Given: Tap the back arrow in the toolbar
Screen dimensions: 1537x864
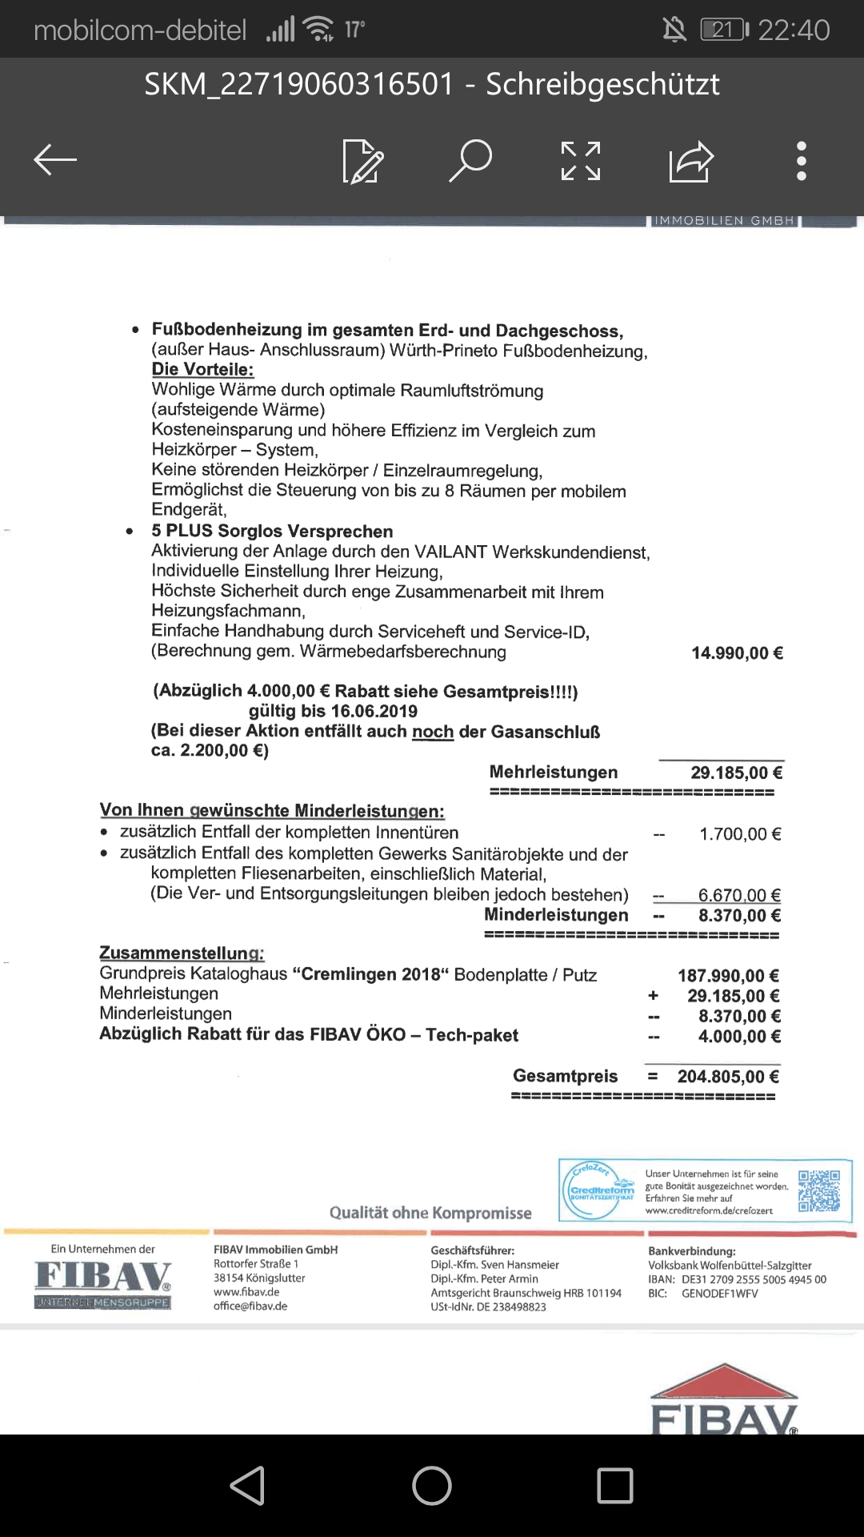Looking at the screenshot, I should [55, 159].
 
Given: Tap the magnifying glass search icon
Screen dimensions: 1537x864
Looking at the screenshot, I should [470, 160].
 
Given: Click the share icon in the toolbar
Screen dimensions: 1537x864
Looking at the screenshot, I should [690, 161].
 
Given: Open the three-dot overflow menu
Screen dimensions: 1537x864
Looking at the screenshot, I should [802, 161].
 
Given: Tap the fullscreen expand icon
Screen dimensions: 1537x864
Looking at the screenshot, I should [581, 161].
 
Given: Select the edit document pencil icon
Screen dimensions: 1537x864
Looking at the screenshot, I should [362, 161].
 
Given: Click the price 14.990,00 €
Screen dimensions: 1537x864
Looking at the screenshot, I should [737, 653].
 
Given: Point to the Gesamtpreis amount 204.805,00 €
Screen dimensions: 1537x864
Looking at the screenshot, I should [728, 1077].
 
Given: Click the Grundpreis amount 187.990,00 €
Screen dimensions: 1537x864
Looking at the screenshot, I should [728, 976].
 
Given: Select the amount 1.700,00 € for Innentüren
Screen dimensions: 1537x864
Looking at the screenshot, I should [740, 834].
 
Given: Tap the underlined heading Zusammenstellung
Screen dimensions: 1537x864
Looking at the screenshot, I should [182, 953].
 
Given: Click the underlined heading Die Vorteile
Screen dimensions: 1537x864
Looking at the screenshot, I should [202, 370].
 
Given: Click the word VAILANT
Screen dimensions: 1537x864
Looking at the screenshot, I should [450, 552].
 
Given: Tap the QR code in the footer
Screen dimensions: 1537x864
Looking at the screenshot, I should [819, 1190].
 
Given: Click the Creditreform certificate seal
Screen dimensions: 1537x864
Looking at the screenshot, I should [602, 1190].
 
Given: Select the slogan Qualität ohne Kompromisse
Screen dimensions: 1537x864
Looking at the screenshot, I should [430, 1213].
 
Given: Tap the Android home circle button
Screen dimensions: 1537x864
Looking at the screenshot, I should [432, 1486].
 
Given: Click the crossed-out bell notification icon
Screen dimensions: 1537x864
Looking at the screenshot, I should [674, 30].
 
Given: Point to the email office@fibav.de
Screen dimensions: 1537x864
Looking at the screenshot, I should [250, 1306].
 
